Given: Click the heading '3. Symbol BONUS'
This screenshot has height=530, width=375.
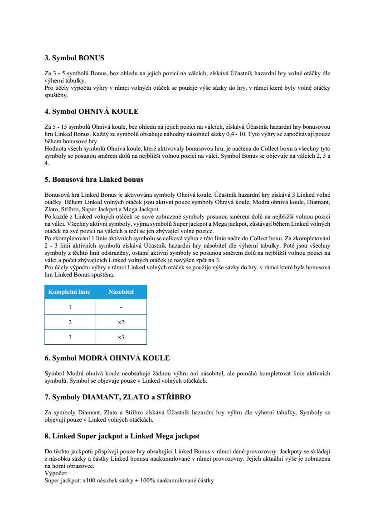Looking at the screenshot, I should pos(74,58).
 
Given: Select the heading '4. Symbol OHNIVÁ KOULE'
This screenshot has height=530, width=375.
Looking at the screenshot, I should pos(91,111).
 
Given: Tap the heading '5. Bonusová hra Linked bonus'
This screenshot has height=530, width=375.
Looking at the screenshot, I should pos(94,180).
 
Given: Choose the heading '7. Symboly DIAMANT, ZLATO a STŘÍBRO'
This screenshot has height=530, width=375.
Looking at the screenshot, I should pos(117,397).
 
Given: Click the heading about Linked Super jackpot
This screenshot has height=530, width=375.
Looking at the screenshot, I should pos(122,436).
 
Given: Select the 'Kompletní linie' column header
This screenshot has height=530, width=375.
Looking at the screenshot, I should pos(69,292).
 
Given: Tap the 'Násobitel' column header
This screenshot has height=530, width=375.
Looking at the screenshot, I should pos(121,292).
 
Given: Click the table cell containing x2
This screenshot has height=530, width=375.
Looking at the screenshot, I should pos(121,322).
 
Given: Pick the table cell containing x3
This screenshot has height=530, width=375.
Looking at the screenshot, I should pos(121,337).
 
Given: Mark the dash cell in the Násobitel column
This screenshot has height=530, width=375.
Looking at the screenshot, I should pos(121,307).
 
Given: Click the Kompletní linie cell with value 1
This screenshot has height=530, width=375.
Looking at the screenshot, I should pos(70,307).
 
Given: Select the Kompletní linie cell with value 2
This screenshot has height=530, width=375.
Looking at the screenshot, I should pos(70,322).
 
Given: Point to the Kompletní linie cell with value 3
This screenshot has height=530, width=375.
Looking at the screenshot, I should pos(70,337).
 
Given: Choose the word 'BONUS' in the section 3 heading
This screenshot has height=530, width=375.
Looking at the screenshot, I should pos(92,58).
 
